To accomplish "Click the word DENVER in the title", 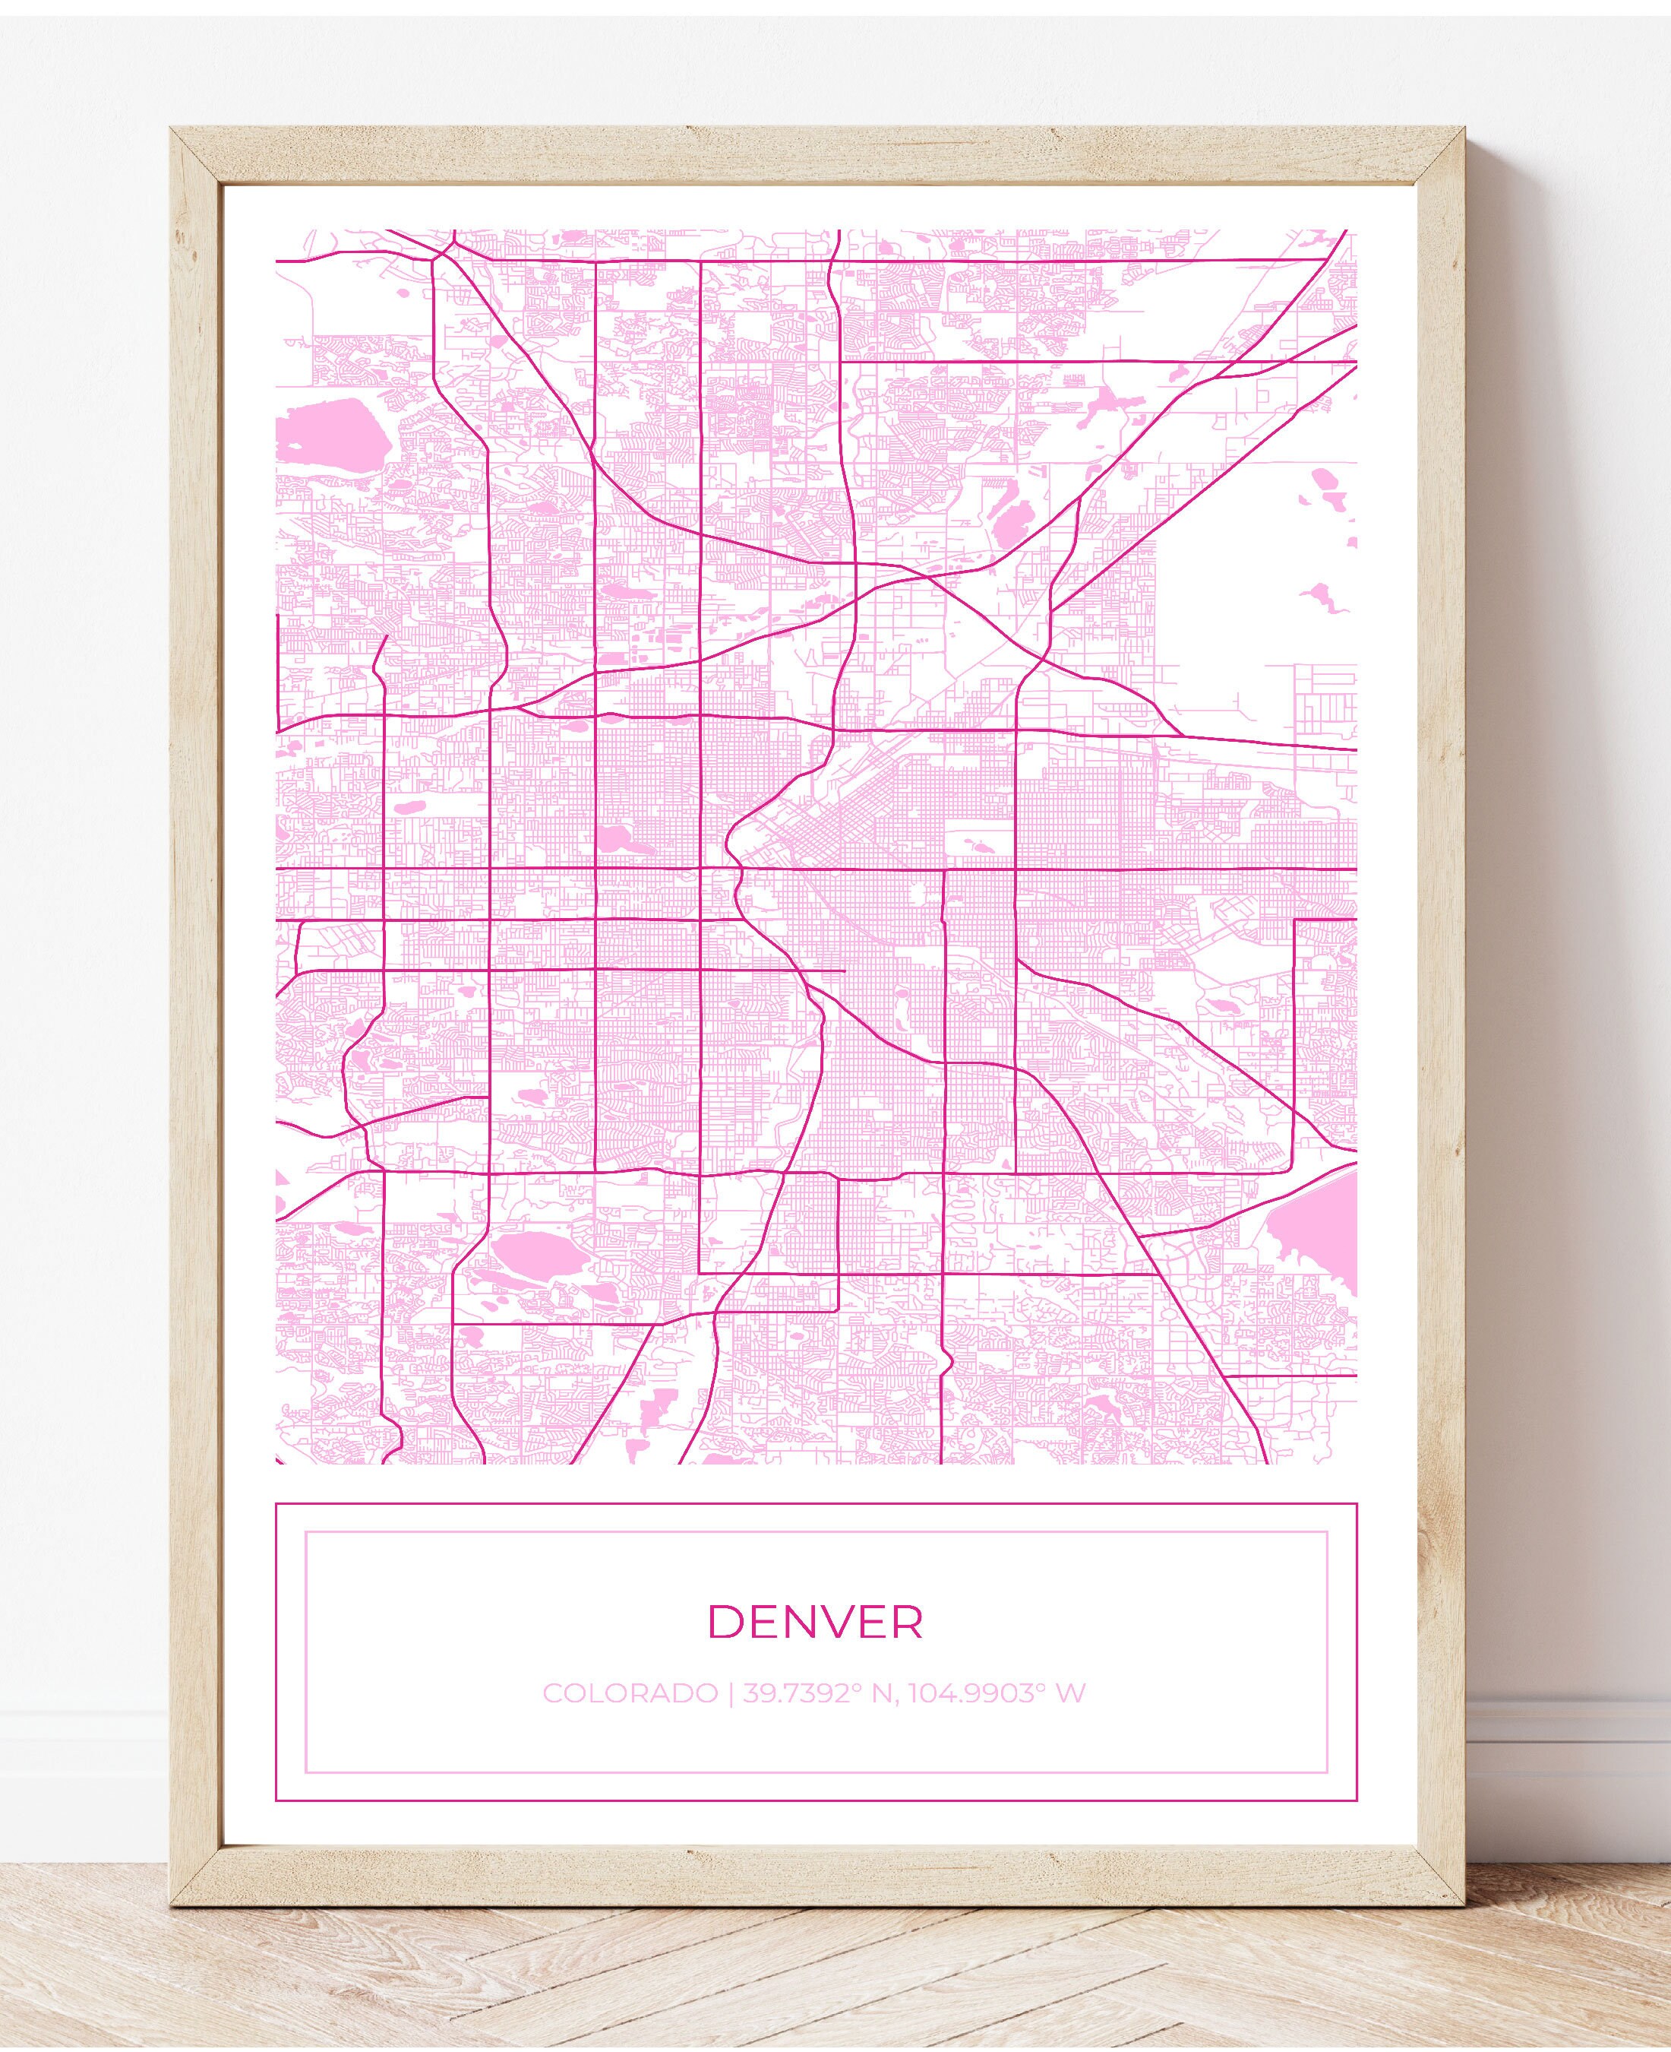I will click(x=815, y=1623).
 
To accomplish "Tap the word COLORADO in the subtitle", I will click(x=630, y=1693).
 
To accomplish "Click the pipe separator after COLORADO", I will click(x=730, y=1693).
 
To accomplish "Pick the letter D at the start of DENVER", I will click(x=723, y=1623).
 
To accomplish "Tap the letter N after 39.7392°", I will click(x=882, y=1693).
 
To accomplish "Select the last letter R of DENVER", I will click(x=907, y=1623).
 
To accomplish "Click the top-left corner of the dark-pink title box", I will click(x=277, y=1505).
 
